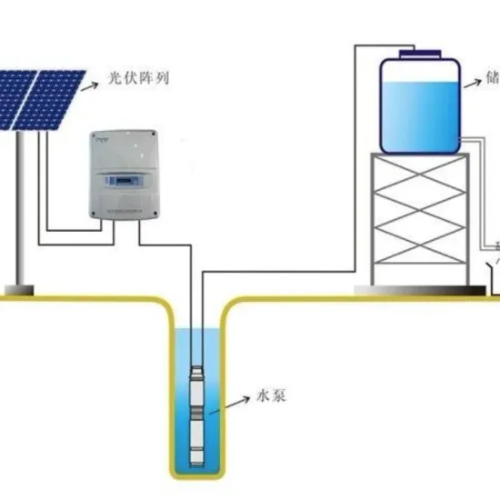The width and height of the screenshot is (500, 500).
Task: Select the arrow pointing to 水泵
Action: tap(237, 404)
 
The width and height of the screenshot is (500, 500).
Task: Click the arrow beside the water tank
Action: tap(472, 84)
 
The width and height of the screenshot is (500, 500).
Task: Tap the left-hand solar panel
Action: tap(18, 98)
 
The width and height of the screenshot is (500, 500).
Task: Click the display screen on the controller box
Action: tap(120, 183)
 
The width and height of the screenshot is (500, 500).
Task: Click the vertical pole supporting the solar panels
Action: tap(17, 209)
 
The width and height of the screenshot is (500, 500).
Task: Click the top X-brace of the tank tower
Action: tap(419, 178)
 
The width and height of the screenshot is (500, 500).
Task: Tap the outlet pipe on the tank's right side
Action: tap(473, 138)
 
